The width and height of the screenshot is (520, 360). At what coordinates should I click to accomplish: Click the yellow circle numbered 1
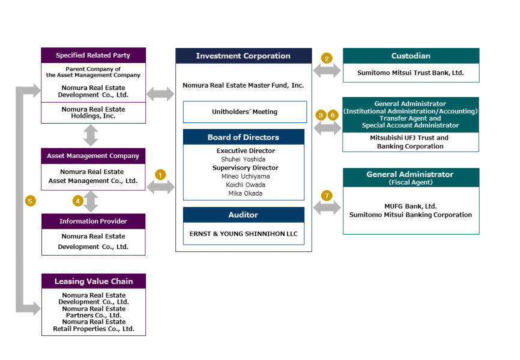(x=160, y=175)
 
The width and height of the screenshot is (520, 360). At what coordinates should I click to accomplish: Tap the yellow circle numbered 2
(x=327, y=58)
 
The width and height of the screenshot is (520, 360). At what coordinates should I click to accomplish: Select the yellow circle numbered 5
(x=30, y=200)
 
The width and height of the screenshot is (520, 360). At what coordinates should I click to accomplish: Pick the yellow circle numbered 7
(x=327, y=196)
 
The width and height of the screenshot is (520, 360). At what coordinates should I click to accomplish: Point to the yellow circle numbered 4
(x=77, y=200)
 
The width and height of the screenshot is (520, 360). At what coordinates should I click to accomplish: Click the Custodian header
(x=411, y=56)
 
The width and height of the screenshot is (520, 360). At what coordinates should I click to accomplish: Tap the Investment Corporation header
(x=243, y=56)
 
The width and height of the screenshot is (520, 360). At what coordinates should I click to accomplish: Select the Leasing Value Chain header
(x=93, y=281)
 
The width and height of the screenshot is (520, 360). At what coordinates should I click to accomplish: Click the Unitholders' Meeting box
(x=244, y=112)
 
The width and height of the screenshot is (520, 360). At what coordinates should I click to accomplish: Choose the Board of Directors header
(x=243, y=137)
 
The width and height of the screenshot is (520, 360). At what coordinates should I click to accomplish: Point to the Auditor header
(x=243, y=214)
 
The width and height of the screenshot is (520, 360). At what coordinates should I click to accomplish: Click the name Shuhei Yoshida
(x=244, y=159)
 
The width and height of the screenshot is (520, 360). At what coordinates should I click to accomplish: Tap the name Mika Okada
(x=244, y=193)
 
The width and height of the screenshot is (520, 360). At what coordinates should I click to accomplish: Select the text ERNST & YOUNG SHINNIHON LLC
(x=244, y=233)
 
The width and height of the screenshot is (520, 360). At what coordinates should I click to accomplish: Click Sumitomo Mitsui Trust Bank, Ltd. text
(x=411, y=73)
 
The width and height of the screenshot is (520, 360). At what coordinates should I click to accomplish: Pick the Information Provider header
(x=93, y=221)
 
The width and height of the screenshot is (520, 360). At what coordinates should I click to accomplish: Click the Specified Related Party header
(x=93, y=55)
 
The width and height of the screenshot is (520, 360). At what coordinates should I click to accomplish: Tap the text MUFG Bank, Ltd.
(x=411, y=206)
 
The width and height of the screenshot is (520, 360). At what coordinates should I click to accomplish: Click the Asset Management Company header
(x=93, y=156)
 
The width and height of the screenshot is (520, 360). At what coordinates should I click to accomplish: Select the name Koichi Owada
(x=244, y=185)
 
